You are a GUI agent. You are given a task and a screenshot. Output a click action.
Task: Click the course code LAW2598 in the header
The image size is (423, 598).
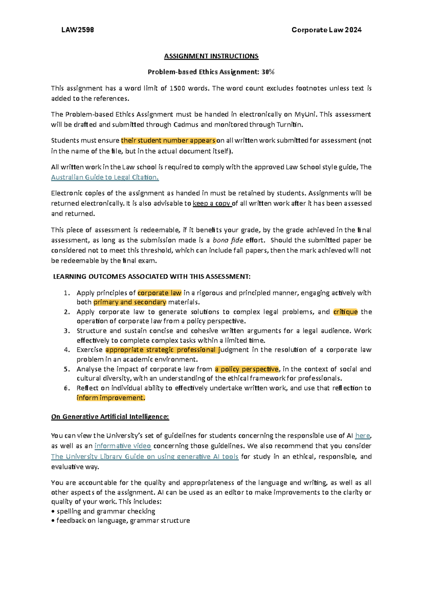[78, 30]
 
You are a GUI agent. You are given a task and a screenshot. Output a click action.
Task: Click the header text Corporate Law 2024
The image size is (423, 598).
[326, 30]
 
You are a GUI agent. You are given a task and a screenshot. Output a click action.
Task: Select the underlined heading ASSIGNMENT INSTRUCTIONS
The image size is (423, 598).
[211, 56]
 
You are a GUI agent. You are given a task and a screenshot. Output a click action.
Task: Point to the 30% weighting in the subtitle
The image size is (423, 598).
[268, 72]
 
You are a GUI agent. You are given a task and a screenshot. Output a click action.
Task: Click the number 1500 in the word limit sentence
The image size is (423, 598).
[177, 88]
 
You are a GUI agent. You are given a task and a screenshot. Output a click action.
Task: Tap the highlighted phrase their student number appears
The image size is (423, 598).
[168, 140]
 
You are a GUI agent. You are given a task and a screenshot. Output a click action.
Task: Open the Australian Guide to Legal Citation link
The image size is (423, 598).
[105, 177]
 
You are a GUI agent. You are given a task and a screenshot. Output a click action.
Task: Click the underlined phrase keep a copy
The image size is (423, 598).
[212, 203]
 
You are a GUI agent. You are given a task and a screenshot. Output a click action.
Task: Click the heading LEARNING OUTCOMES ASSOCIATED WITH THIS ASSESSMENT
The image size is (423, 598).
[152, 276]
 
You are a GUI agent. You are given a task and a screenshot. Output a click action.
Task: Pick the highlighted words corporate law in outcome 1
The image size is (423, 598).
[159, 293]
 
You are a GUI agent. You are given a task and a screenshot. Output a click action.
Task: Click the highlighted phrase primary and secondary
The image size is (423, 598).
[130, 302]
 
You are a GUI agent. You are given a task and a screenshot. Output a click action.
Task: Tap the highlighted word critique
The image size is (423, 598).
[345, 312]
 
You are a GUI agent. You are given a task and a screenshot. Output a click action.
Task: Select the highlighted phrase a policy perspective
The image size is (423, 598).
[246, 369]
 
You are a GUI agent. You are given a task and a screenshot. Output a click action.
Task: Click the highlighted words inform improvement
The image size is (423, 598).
[111, 398]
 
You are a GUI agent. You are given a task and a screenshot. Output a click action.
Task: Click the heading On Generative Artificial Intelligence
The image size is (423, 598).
[110, 417]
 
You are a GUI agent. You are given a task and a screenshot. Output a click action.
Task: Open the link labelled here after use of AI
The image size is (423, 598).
[362, 436]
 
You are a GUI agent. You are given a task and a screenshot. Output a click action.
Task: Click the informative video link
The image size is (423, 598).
[123, 446]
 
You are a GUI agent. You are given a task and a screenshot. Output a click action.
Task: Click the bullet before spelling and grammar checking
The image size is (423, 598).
[53, 512]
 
